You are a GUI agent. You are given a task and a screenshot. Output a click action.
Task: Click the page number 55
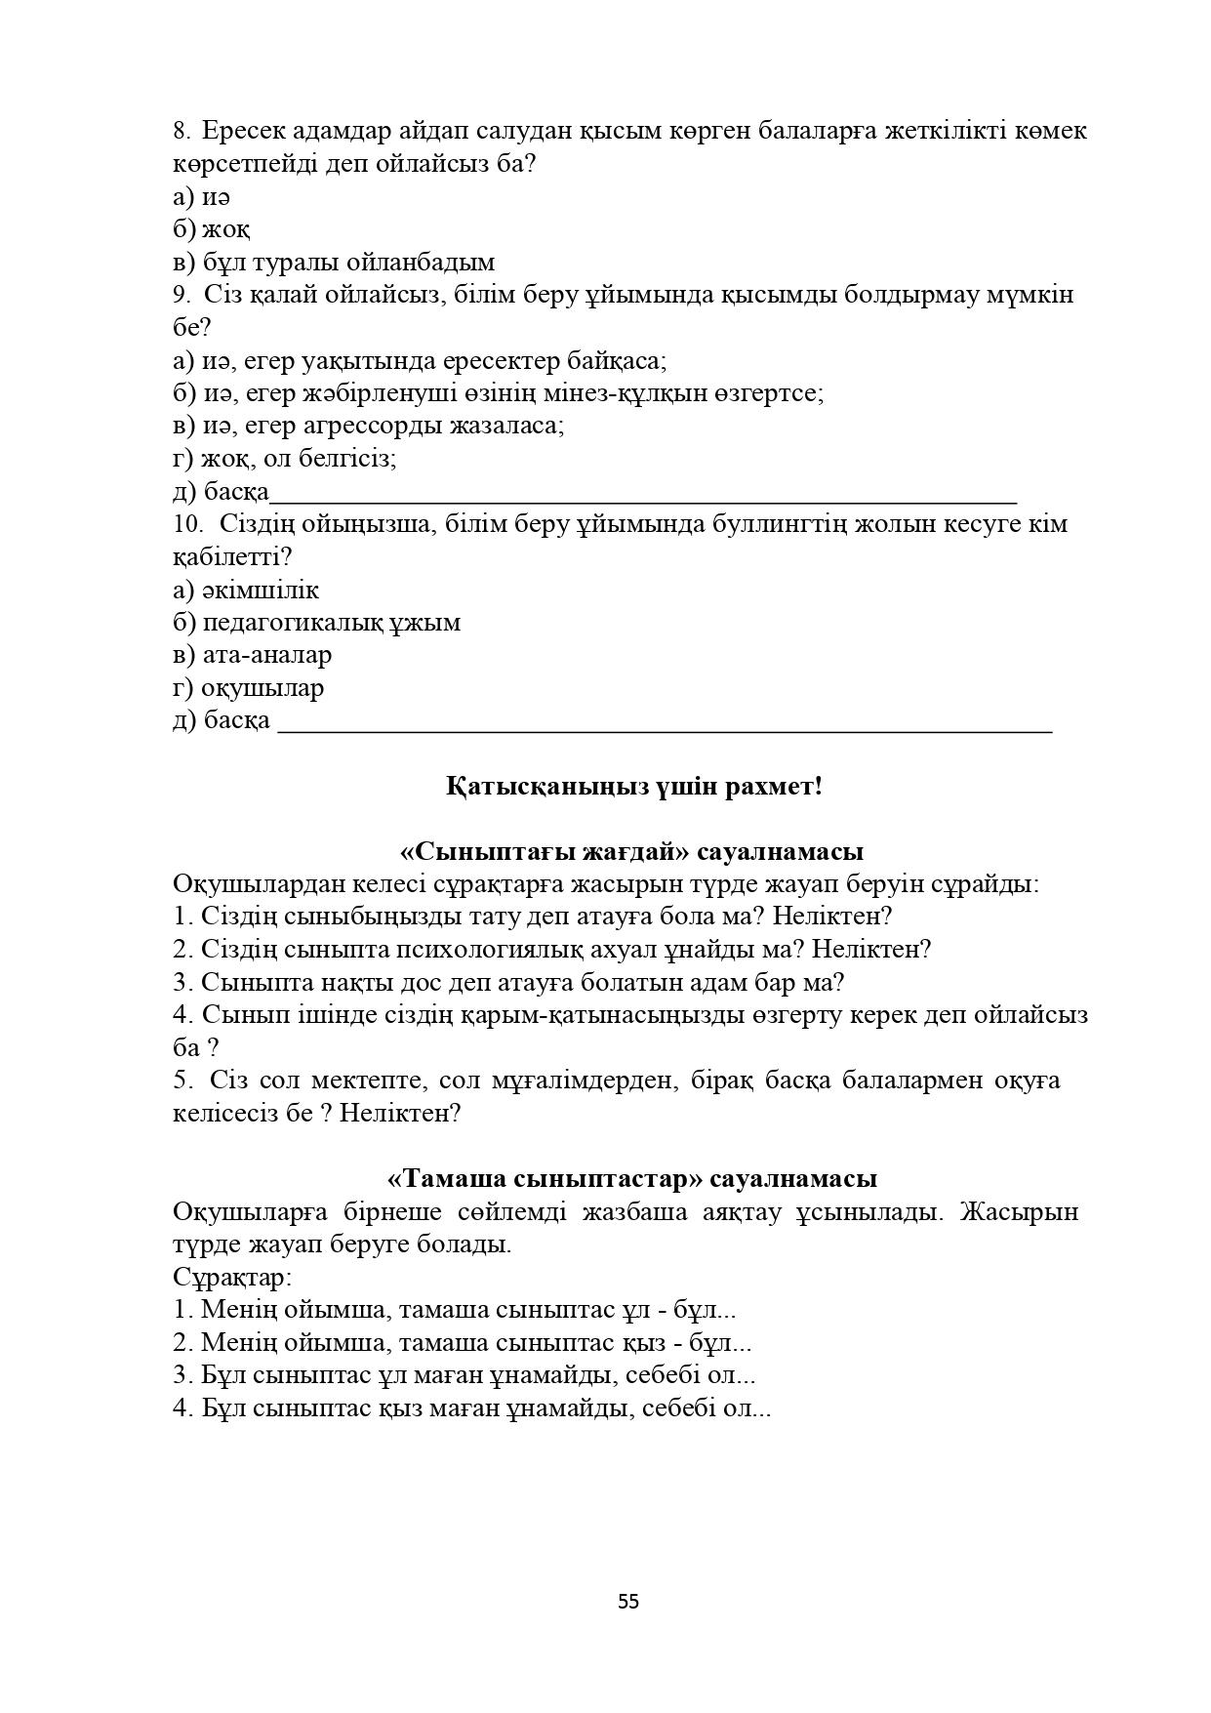pos(628,1602)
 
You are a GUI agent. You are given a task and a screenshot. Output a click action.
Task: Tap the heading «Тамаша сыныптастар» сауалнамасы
pos(631,1178)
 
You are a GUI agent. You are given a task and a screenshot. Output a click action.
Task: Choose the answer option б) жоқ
pos(211,229)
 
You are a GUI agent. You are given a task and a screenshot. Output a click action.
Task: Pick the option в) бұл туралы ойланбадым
pos(334,262)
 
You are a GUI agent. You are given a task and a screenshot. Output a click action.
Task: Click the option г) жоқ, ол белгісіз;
pos(284,458)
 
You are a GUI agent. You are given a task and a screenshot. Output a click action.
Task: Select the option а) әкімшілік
pos(246,590)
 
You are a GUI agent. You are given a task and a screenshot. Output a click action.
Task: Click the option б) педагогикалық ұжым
pos(316,622)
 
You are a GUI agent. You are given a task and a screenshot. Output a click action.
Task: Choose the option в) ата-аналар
pos(252,655)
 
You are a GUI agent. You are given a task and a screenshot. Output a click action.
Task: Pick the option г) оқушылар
pos(248,687)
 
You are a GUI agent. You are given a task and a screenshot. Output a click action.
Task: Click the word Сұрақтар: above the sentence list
pos(232,1277)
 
